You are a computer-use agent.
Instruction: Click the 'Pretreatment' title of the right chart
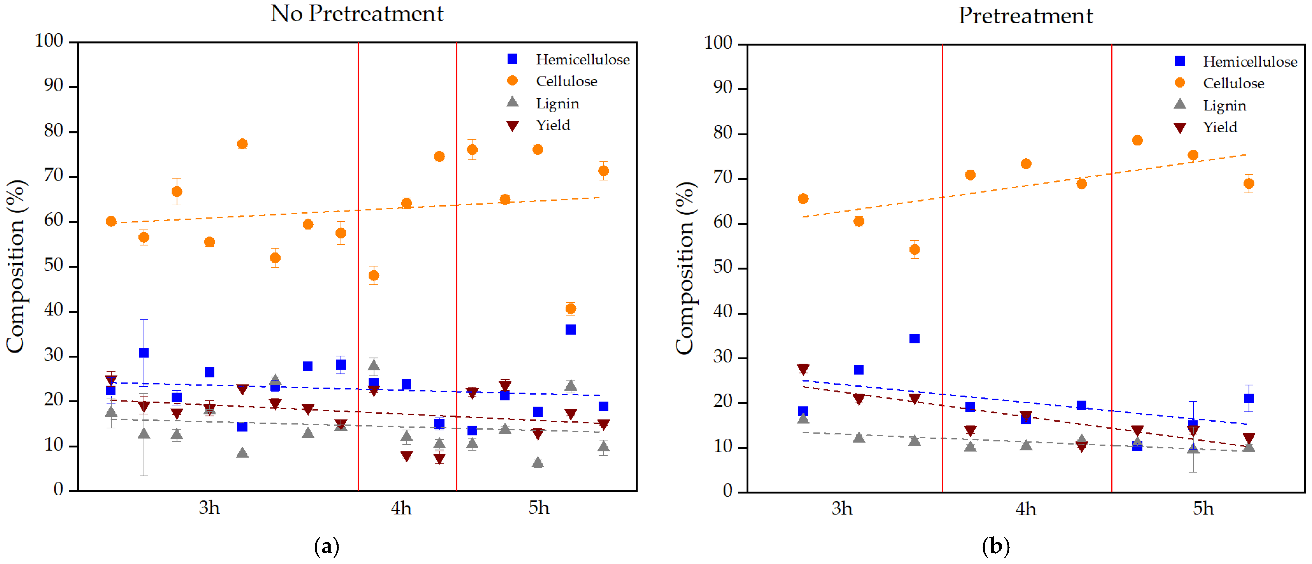click(1025, 16)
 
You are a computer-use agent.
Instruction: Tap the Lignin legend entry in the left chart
click(543, 103)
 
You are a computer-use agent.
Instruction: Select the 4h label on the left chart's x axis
click(401, 508)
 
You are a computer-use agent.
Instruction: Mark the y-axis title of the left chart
click(15, 266)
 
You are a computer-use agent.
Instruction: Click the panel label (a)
click(327, 547)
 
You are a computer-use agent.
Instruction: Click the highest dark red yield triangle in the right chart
click(803, 369)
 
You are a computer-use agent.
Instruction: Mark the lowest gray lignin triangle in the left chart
click(538, 462)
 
